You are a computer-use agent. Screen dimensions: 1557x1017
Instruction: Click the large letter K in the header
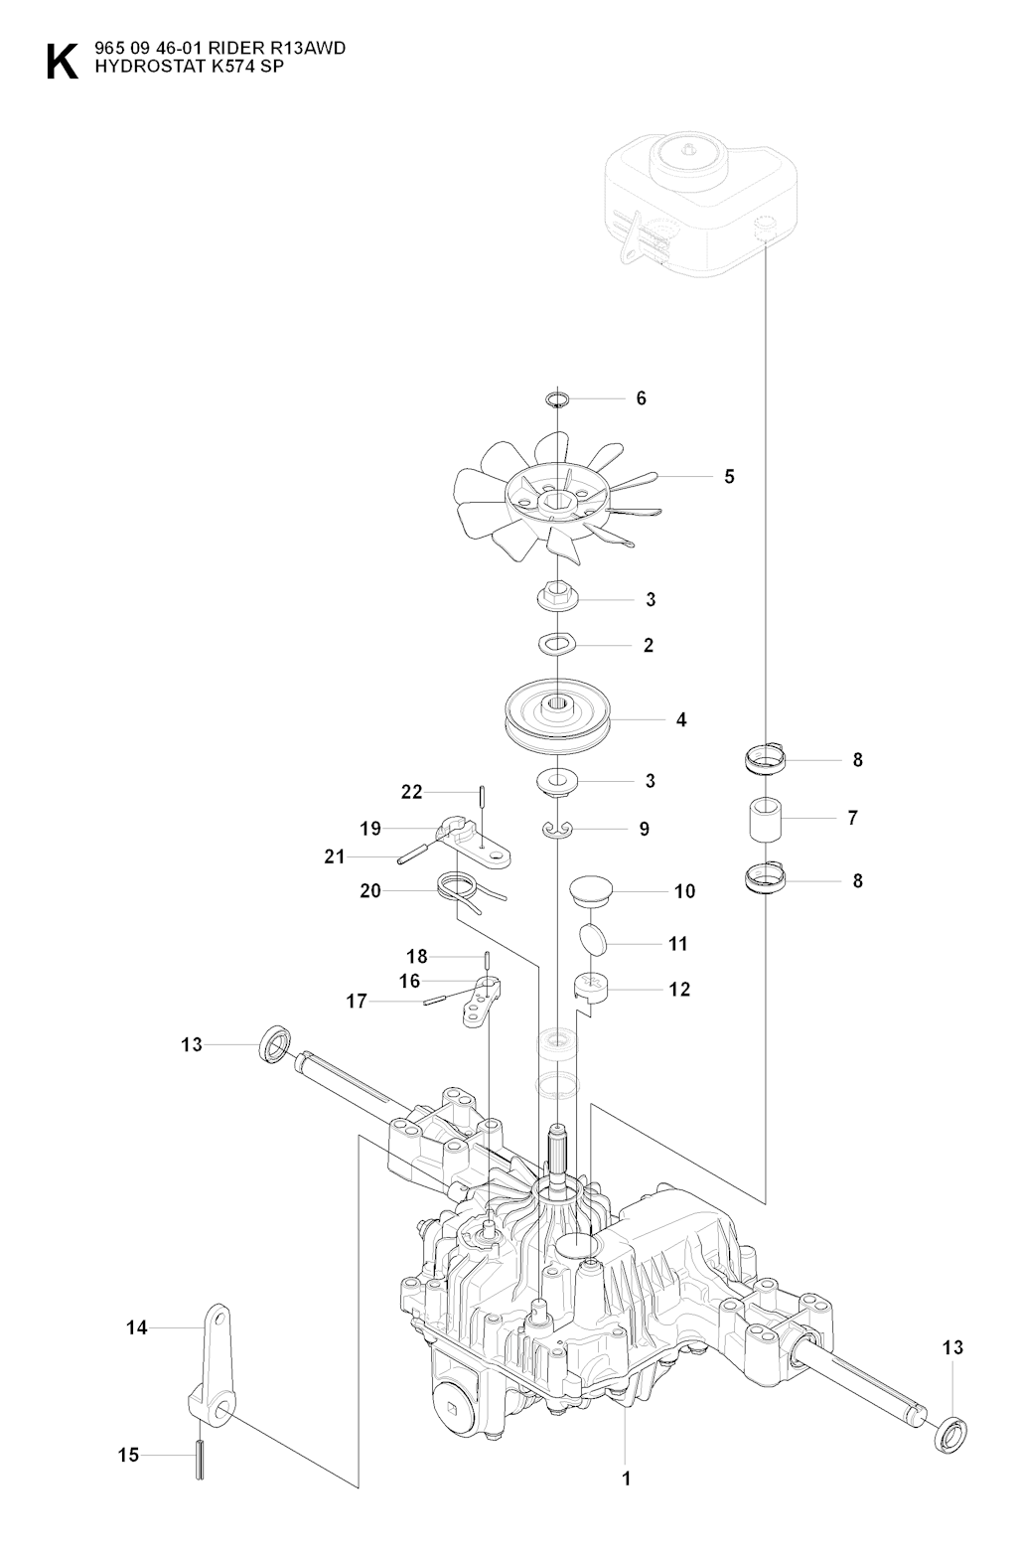point(61,62)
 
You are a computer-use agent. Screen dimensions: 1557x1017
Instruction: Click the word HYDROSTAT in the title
point(134,68)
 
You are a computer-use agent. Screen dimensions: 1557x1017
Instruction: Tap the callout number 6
point(641,398)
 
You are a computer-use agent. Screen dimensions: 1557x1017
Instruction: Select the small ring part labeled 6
point(558,399)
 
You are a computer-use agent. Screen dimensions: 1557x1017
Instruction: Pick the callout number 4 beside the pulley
point(681,719)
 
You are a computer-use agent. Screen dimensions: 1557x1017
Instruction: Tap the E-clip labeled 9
point(559,828)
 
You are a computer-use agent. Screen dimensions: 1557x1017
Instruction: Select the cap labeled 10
point(591,887)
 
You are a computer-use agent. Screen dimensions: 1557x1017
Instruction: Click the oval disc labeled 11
point(592,939)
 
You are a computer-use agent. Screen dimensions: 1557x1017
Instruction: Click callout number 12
point(680,990)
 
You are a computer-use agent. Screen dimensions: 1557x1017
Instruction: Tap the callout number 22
point(411,792)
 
